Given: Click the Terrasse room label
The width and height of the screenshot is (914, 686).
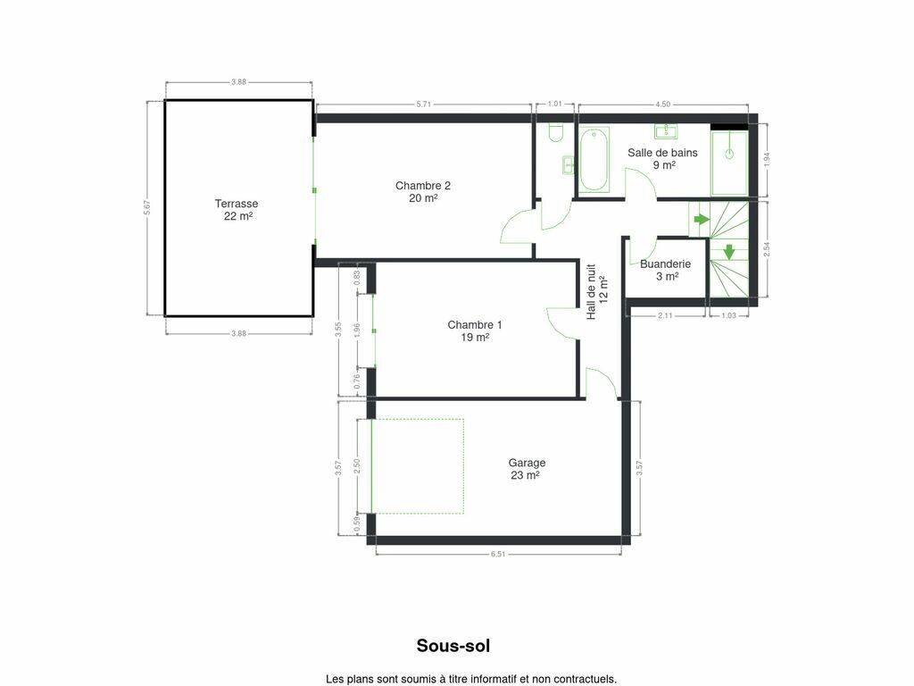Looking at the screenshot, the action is [x=236, y=210].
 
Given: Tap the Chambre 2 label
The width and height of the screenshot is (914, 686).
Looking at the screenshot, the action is [x=422, y=192].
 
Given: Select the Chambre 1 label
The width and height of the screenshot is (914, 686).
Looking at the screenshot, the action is [x=475, y=330].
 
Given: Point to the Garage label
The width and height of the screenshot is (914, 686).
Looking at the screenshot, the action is [x=527, y=469].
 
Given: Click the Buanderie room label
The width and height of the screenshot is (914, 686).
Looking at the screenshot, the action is [x=665, y=270].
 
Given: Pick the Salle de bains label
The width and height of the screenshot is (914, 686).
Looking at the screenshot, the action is [x=662, y=159].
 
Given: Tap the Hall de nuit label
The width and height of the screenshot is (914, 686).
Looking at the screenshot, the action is [x=597, y=291].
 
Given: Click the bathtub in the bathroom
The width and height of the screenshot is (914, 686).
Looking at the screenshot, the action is [x=594, y=160].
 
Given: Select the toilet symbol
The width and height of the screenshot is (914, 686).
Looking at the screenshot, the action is [x=556, y=133].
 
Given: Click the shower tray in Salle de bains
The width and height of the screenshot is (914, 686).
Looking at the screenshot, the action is [x=728, y=163].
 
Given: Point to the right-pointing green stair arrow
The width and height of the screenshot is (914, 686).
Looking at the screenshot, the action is [x=702, y=220].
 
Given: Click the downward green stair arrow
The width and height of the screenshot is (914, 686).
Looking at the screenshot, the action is [x=728, y=251].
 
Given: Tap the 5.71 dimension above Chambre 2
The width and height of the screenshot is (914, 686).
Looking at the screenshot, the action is [x=424, y=105].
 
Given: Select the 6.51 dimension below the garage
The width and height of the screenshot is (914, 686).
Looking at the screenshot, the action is [x=498, y=554].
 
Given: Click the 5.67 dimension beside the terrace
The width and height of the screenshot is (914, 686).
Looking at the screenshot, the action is [x=147, y=208].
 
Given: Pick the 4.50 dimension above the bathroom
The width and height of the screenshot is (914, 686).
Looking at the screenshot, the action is [x=663, y=105].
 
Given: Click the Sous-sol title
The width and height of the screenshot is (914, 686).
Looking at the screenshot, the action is [x=453, y=646].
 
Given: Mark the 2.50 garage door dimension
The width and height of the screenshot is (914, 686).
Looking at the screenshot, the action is [x=357, y=466].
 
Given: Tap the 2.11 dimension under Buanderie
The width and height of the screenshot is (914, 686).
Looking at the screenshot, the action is [x=665, y=315].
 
